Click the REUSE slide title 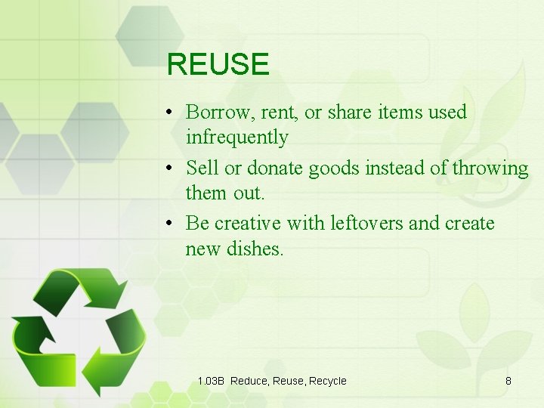coord(218,65)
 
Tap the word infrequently coord(236,138)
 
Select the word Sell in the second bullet coord(200,168)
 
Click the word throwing coord(490,168)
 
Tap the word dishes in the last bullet coord(255,249)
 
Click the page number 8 coord(508,381)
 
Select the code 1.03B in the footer coord(211,381)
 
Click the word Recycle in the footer coord(326,381)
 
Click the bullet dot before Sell coord(172,168)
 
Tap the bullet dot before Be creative coord(172,224)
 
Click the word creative coord(246,224)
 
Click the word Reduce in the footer coord(249,381)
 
